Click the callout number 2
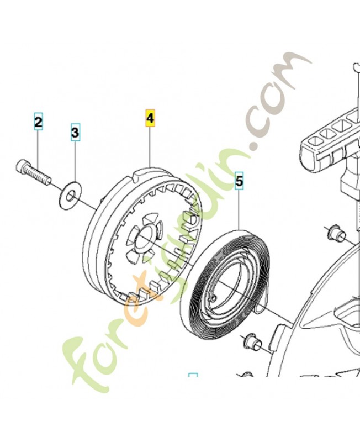click(x=38, y=122)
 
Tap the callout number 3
click(x=75, y=132)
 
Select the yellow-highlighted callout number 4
click(x=150, y=118)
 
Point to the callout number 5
click(x=239, y=181)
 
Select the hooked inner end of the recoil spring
click(x=215, y=297)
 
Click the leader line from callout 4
click(x=150, y=146)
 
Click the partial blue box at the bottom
click(x=193, y=376)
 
